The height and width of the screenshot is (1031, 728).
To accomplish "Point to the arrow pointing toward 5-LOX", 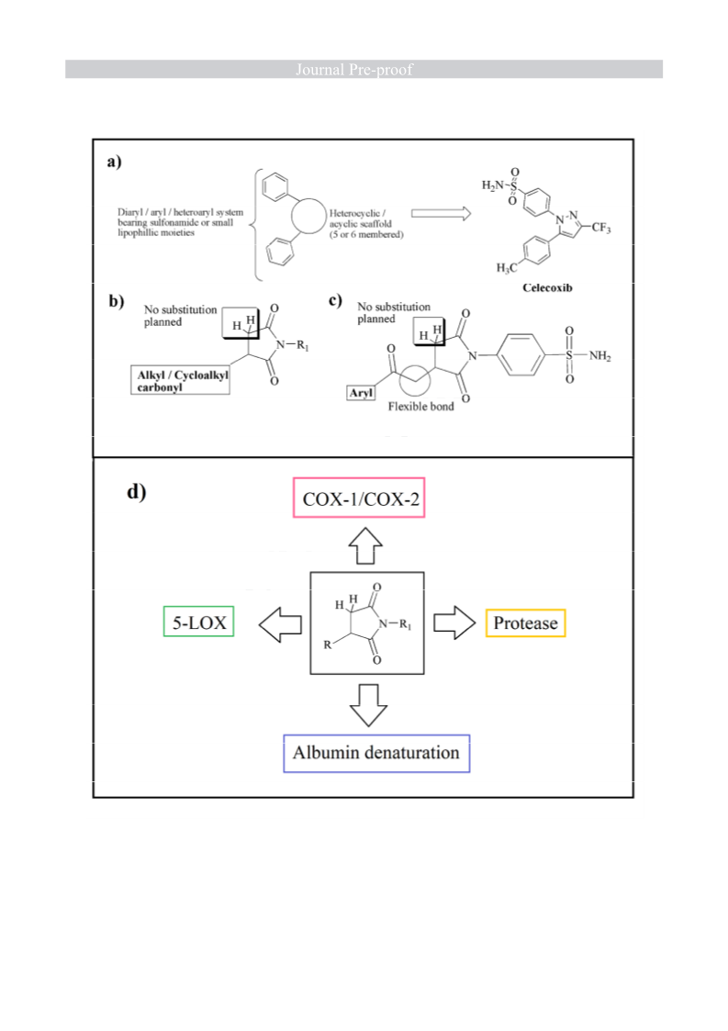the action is pyautogui.click(x=280, y=624).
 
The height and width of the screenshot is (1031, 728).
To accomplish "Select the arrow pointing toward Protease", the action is pyautogui.click(x=454, y=622).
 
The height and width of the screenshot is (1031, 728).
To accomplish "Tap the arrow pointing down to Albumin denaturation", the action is pyautogui.click(x=367, y=705).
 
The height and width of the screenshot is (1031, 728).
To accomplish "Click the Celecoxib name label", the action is pyautogui.click(x=547, y=287).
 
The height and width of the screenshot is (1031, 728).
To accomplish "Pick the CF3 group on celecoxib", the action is pyautogui.click(x=601, y=228).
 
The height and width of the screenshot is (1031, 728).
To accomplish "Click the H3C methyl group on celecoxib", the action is pyautogui.click(x=507, y=267).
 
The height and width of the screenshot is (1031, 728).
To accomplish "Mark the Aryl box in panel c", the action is pyautogui.click(x=361, y=393).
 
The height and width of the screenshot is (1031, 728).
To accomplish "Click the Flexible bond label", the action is pyautogui.click(x=420, y=407).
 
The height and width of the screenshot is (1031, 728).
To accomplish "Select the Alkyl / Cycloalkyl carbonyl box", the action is pyautogui.click(x=180, y=380).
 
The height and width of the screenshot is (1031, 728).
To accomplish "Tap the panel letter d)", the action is pyautogui.click(x=136, y=492).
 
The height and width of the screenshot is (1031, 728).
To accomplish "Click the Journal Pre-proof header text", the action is pyautogui.click(x=353, y=69).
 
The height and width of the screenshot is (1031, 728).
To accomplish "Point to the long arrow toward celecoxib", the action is pyautogui.click(x=442, y=213).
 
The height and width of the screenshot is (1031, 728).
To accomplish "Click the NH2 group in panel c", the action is pyautogui.click(x=599, y=355).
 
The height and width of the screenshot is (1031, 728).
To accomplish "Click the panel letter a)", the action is pyautogui.click(x=115, y=161).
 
